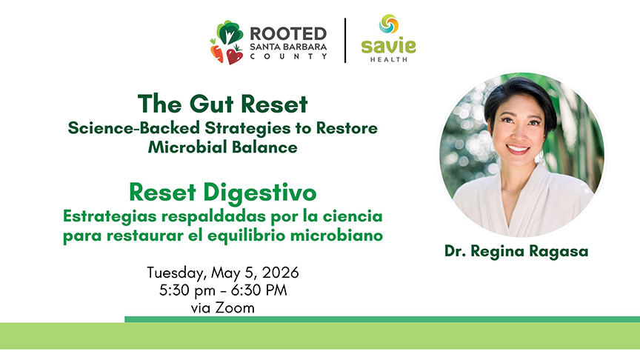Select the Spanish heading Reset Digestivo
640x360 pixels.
[222, 193]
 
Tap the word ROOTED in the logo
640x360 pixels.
[288, 33]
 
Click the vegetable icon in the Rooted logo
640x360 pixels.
[228, 42]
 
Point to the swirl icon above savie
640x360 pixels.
[388, 24]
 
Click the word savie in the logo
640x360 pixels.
[388, 45]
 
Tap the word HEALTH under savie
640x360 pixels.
[388, 59]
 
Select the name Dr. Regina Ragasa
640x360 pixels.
[516, 251]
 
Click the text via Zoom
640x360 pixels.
[222, 307]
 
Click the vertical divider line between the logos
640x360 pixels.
[346, 41]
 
